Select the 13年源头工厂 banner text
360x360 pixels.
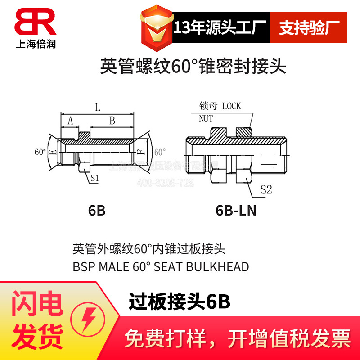coord(220,27)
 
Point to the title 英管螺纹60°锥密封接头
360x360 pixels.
coord(193,67)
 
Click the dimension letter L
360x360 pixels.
coord(97,108)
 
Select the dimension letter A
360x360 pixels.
coord(70,121)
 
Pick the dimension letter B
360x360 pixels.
coord(112,121)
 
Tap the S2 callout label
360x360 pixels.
coord(266,190)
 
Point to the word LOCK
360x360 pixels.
coord(232,106)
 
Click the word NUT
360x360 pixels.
coord(207,119)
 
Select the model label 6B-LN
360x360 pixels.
coord(236,211)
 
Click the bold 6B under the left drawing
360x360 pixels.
coord(97,211)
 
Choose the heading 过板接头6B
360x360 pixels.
coord(180,301)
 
